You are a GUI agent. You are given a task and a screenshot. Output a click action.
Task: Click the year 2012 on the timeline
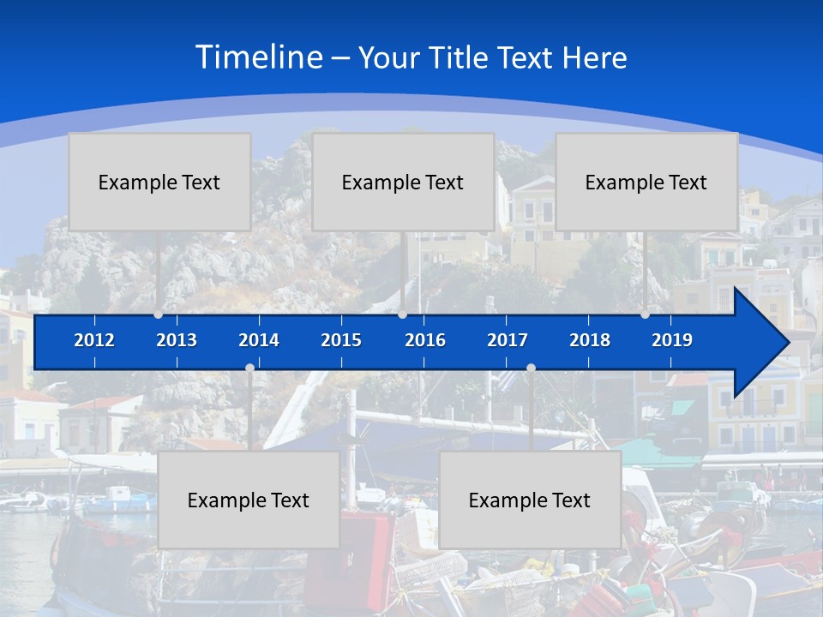coord(94,340)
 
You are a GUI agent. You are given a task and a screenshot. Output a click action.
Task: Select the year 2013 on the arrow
coord(177,340)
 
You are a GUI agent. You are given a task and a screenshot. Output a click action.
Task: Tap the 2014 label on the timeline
coord(259,340)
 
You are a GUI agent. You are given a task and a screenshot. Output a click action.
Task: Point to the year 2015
coord(341,340)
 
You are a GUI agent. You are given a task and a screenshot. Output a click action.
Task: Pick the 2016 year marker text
coord(425,340)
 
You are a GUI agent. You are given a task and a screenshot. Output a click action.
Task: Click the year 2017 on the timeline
coord(508,340)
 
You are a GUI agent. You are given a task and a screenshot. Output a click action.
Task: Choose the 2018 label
coord(590,340)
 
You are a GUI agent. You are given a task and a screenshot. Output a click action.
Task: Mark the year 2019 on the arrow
coord(672,340)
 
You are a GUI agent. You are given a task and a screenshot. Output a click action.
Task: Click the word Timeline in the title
coord(258,57)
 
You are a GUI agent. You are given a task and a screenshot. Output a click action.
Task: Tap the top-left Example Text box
coord(159,182)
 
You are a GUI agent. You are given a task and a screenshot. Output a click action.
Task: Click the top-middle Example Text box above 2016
coord(403,182)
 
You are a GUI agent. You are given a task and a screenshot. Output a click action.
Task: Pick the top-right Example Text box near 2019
coord(646,182)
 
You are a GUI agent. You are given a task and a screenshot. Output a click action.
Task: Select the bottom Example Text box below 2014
coord(249,500)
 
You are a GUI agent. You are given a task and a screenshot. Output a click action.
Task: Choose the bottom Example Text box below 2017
coord(530,500)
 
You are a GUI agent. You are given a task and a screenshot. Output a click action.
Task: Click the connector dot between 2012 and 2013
coord(159,314)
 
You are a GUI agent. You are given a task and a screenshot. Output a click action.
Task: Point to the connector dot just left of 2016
coord(402,314)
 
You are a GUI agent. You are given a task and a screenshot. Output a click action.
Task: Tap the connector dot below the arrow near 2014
coord(249,368)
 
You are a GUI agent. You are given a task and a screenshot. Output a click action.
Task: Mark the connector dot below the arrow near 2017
coord(531,368)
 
